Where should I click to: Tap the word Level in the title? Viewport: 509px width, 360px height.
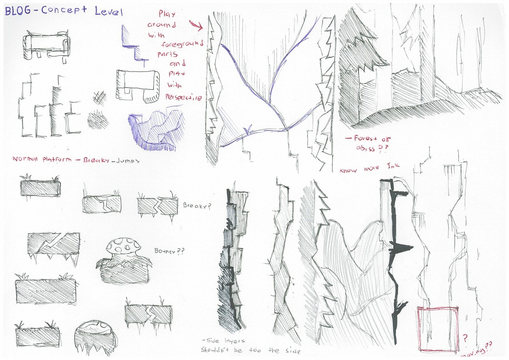pos(108,11)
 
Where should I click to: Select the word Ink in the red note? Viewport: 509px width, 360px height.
pos(393,166)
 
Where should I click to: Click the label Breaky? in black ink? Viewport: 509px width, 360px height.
pos(197,206)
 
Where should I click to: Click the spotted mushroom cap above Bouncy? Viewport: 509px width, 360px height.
pos(124,245)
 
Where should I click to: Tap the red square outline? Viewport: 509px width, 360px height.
pos(438,329)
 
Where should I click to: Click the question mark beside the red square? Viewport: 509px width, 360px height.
pos(465,338)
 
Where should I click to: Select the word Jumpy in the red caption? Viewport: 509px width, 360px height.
pos(128,161)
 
